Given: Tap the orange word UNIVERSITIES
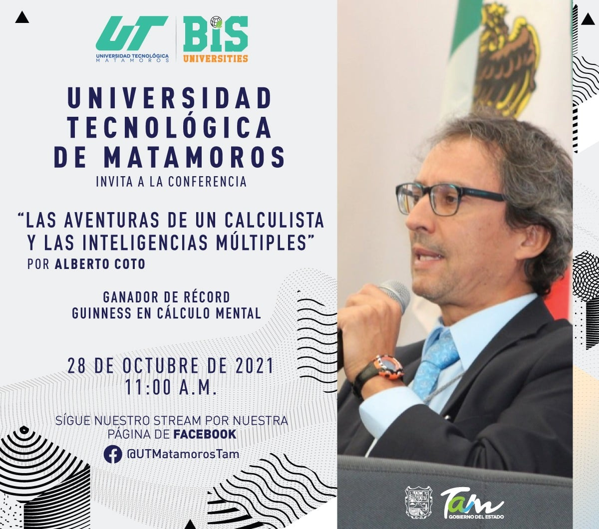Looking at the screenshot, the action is tap(216, 58).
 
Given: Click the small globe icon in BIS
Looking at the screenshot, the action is tap(216, 22).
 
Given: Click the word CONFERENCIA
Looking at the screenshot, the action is tap(208, 182).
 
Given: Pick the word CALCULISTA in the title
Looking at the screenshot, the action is tap(275, 220).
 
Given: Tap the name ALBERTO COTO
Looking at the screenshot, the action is tap(100, 264).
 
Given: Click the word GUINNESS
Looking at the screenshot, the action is tap(101, 313).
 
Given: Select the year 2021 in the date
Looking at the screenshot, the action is tap(255, 366).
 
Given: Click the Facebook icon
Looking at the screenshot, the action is tap(113, 454).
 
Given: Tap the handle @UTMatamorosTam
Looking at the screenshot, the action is tap(183, 454).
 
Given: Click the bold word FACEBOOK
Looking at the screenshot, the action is tap(205, 434).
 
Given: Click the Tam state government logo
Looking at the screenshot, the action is tap(472, 504).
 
